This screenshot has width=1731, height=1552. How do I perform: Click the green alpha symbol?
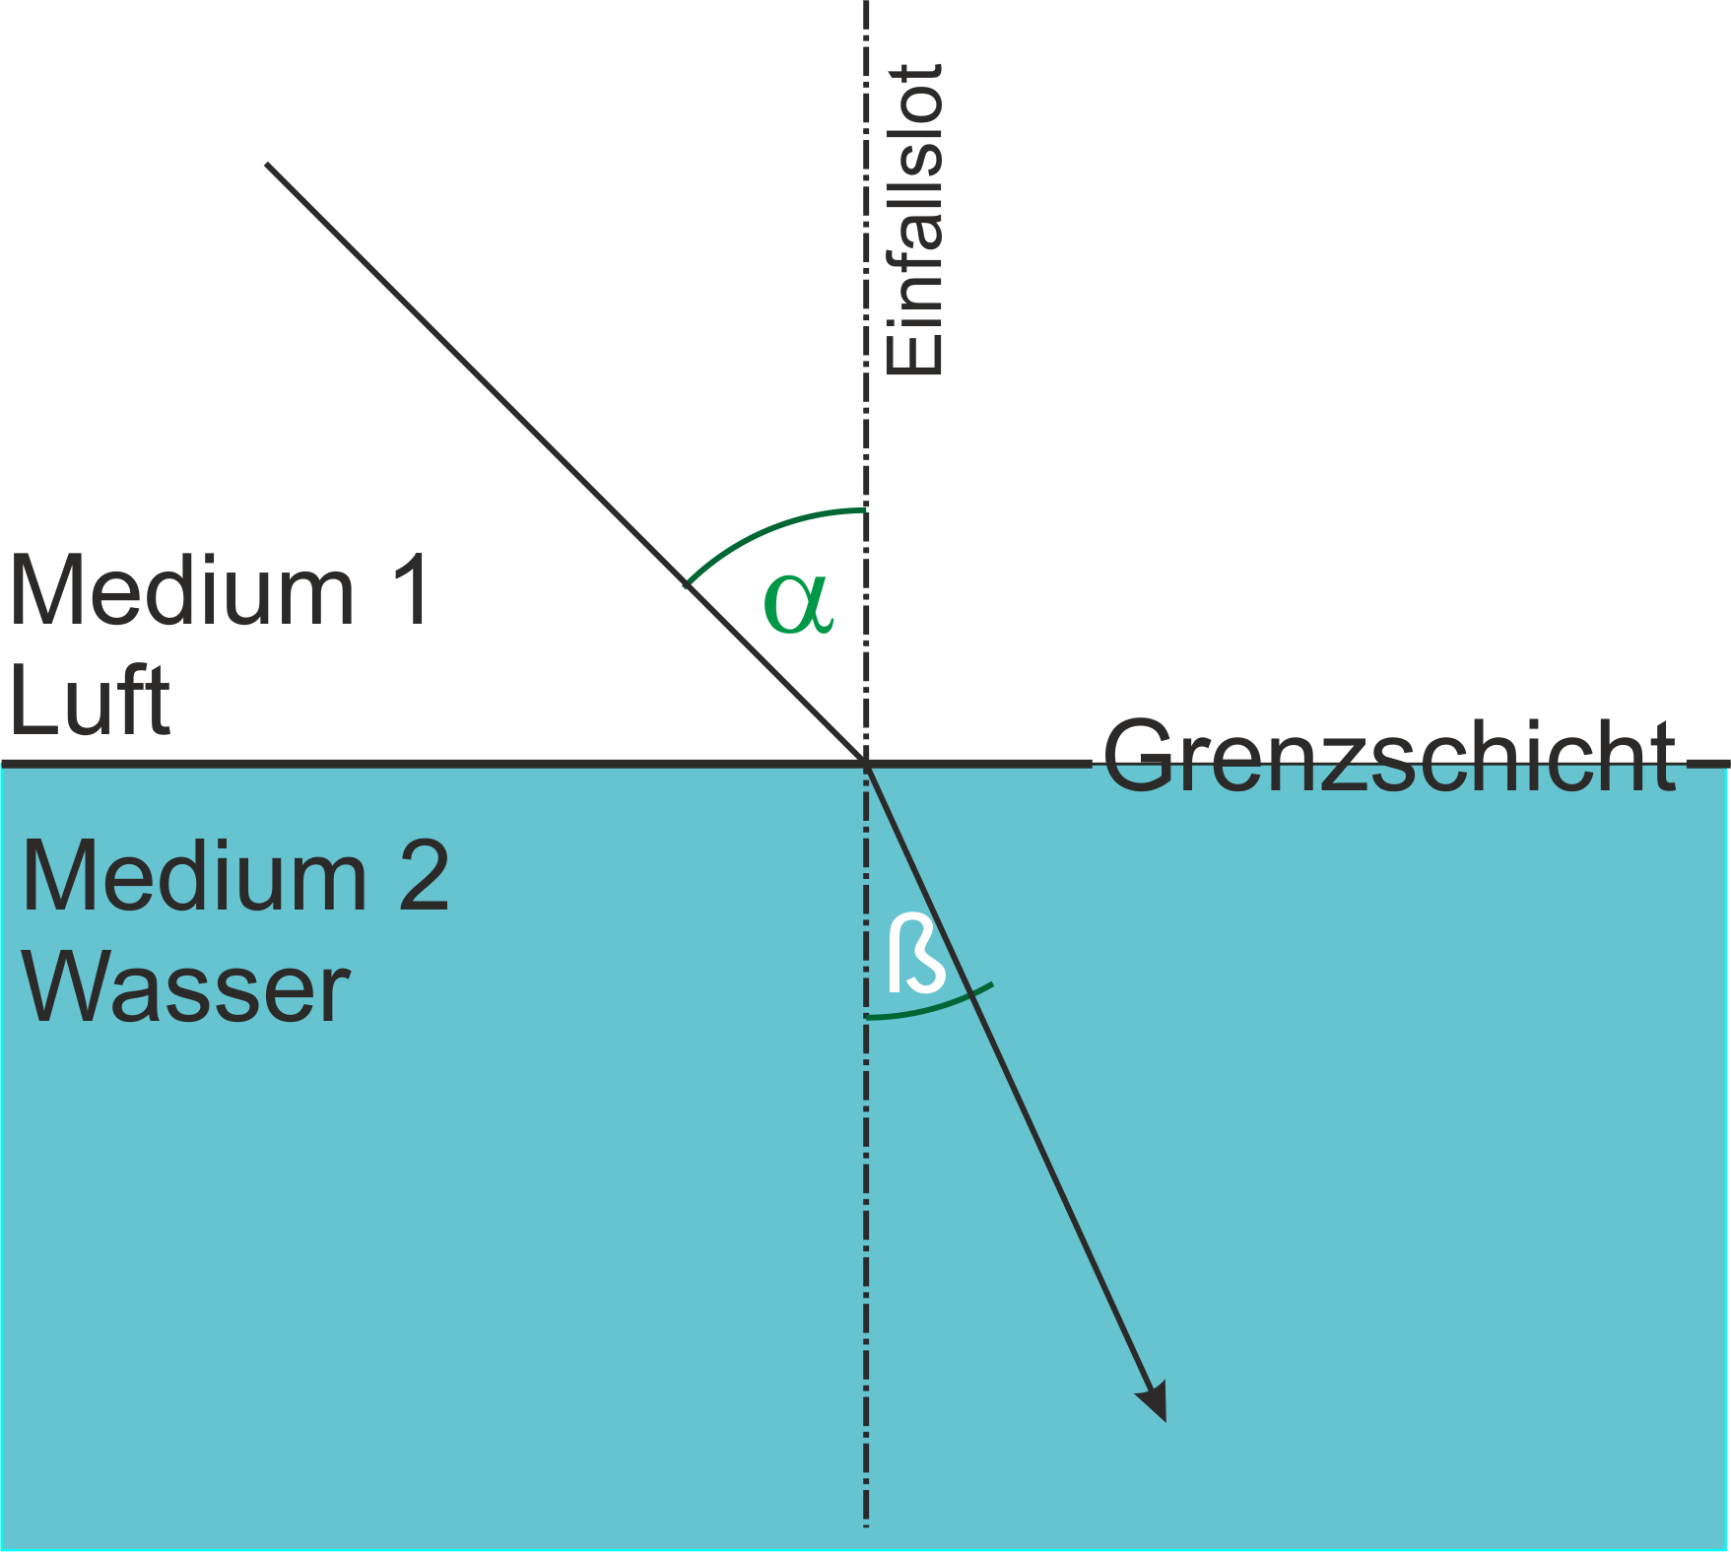(798, 602)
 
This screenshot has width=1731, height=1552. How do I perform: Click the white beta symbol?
(916, 953)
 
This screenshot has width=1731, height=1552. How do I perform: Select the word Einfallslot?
(914, 220)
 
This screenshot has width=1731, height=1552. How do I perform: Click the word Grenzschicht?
(1389, 757)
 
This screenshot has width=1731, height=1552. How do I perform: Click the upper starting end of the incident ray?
(267, 164)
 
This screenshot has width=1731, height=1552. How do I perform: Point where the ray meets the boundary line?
(866, 763)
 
